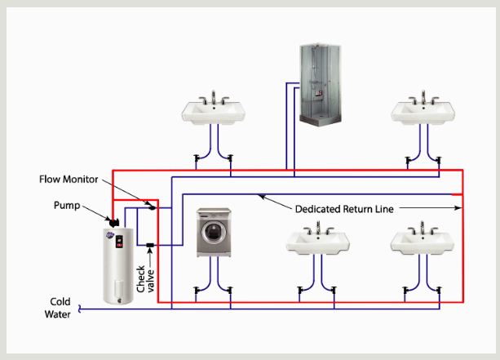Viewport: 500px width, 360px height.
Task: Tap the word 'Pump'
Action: coord(68,206)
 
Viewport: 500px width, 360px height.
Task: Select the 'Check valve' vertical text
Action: coord(144,276)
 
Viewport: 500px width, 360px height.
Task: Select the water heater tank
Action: coord(115,263)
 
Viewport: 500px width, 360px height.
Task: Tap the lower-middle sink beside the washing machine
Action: coord(318,242)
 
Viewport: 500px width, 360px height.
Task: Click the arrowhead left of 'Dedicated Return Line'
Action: coord(261,196)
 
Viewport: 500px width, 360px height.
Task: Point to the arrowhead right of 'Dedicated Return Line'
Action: coord(453,209)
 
